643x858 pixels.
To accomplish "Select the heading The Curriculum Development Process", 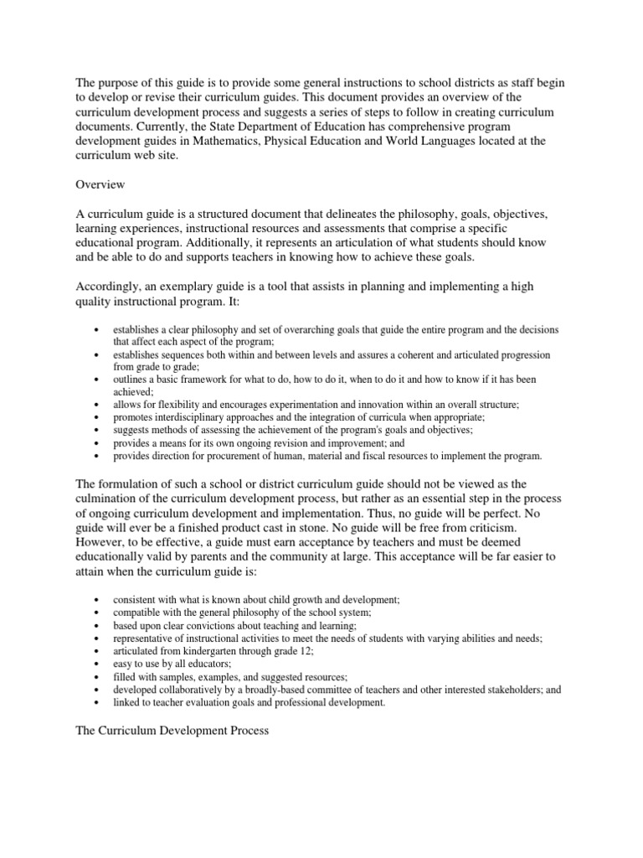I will point(172,731).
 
